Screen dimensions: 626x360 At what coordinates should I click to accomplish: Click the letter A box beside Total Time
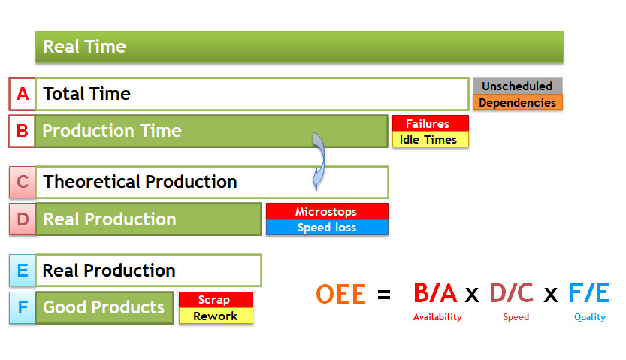[x=23, y=94]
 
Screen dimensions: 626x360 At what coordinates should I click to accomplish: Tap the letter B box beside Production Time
[x=22, y=132]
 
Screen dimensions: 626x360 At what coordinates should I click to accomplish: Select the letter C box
[x=23, y=183]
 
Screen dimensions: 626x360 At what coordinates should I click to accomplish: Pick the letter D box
[x=23, y=219]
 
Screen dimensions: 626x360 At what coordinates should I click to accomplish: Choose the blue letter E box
[x=23, y=271]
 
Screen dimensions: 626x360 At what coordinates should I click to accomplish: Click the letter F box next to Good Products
[x=23, y=307]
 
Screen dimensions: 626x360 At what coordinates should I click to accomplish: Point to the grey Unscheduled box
[x=517, y=86]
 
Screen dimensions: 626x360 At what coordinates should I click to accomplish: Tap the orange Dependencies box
[x=517, y=102]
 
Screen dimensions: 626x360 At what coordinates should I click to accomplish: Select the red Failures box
[x=431, y=123]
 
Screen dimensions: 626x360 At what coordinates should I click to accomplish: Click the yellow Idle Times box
[x=431, y=139]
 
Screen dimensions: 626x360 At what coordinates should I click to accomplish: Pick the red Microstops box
[x=327, y=211]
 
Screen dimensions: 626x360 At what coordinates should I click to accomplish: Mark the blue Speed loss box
[x=327, y=227]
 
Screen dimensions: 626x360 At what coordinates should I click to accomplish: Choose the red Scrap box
[x=216, y=300]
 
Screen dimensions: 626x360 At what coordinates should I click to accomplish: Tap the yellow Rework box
[x=216, y=316]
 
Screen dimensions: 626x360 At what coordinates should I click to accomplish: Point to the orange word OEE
[x=340, y=294]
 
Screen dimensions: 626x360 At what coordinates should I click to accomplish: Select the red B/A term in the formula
[x=435, y=292]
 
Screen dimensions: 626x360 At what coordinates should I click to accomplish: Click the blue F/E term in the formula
[x=588, y=292]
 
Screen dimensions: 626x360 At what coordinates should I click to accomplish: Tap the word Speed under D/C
[x=516, y=317]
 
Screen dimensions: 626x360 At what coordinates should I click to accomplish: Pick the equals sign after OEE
[x=384, y=295]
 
